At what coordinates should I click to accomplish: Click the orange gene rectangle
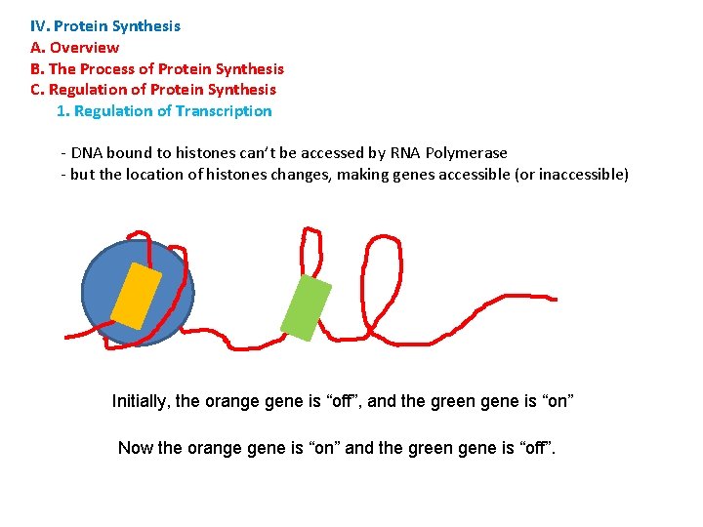point(136,296)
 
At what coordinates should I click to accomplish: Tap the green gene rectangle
point(306,307)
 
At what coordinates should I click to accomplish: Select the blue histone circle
point(107,293)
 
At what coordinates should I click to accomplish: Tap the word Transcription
point(224,110)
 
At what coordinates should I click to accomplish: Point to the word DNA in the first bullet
point(87,152)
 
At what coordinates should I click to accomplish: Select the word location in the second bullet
point(156,175)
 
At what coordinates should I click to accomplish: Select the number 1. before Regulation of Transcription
point(62,110)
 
